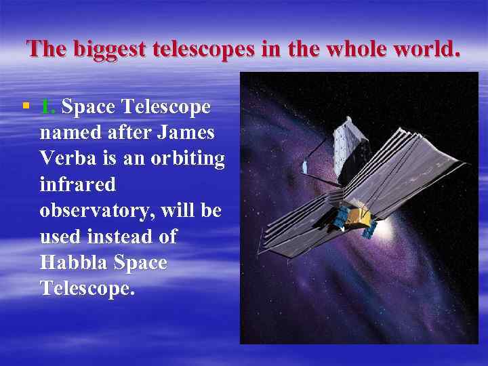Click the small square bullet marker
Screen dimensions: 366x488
click(x=25, y=106)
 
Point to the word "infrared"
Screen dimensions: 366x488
click(x=78, y=184)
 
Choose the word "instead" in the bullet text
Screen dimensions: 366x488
click(x=129, y=236)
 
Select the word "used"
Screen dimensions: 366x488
click(x=59, y=236)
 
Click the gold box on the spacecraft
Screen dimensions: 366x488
click(x=360, y=217)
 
